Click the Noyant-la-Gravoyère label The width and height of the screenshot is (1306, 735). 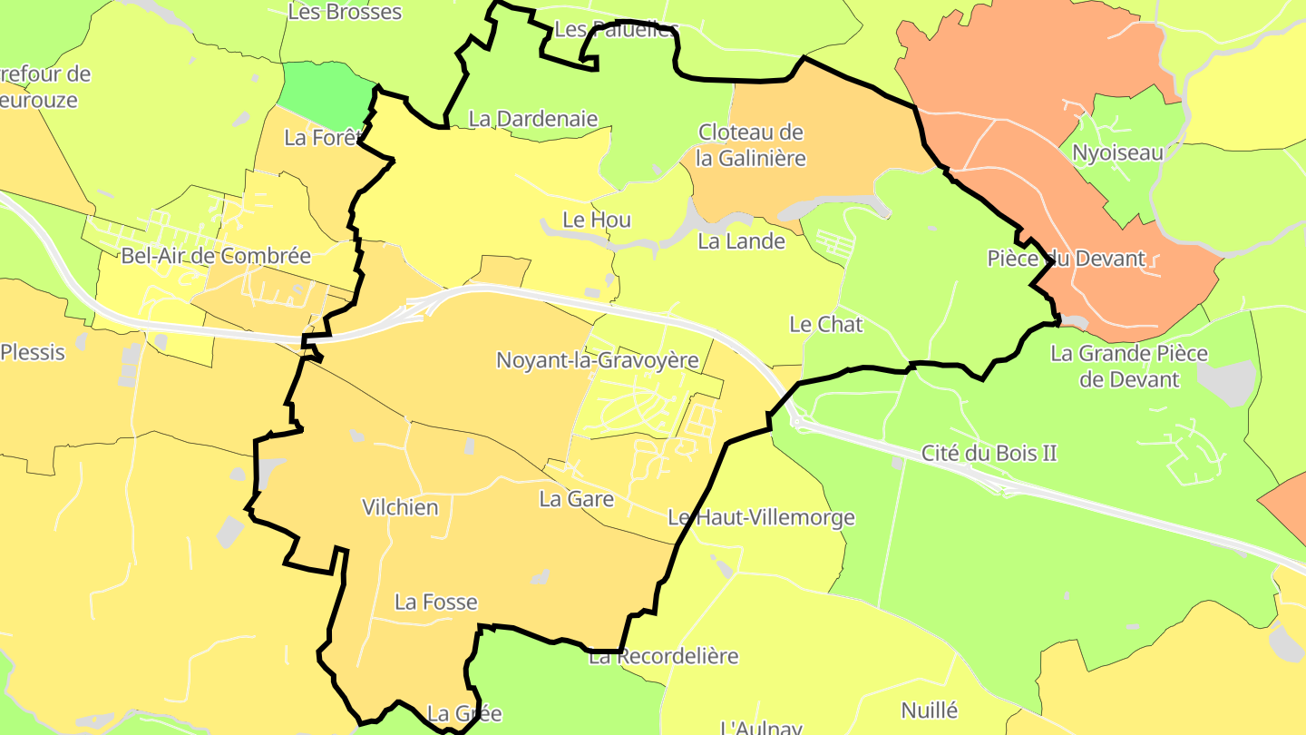coord(597,360)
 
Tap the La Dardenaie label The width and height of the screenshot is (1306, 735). coord(532,118)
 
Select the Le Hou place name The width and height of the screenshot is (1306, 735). coord(596,220)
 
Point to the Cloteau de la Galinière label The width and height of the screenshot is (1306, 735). coord(750,145)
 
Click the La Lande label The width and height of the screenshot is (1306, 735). coord(741,241)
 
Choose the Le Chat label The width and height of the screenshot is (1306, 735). coord(825,324)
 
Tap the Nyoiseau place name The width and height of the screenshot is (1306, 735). coord(1116,152)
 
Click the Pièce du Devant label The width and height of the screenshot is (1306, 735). coord(1066,259)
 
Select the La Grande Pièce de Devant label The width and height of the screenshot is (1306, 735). coord(1128,366)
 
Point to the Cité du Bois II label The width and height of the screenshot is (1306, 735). coord(989,453)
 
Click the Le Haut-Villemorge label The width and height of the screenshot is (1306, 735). coord(761,518)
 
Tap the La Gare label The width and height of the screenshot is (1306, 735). coord(576,499)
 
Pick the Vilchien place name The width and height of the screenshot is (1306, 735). coord(400,507)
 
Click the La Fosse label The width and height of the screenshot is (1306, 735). coord(435,602)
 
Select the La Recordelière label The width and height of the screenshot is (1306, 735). coord(664,656)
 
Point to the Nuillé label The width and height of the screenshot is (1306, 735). coord(929,710)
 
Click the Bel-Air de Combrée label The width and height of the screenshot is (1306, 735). coord(215,256)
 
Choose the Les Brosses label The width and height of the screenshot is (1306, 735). coord(344,12)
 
